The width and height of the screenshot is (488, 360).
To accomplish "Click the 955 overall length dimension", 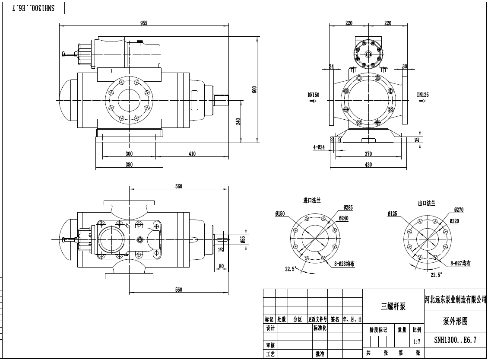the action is (144, 23).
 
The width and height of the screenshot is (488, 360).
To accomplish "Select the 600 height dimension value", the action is (254, 90).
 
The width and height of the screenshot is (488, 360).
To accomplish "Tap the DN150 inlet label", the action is (314, 95).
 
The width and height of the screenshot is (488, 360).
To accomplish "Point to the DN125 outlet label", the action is (423, 95).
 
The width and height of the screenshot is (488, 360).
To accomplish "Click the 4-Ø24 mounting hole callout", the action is (319, 147).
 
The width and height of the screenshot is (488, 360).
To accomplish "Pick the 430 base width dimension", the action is (368, 164).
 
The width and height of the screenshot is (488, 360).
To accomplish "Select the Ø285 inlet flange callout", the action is (348, 207).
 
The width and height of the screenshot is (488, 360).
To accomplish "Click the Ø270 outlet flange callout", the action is (459, 210).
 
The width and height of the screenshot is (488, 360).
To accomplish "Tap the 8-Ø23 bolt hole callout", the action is (344, 264).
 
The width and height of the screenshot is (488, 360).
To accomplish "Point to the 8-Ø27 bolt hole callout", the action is (461, 263).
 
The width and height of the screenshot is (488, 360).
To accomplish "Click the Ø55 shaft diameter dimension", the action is (243, 239).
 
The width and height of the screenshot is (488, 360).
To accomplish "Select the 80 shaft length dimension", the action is (221, 266).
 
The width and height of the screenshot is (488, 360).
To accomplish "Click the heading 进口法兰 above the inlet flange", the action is (312, 201).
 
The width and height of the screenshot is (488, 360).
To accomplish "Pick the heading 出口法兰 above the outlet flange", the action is (426, 204).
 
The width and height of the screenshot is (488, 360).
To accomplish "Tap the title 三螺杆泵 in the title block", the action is (393, 306).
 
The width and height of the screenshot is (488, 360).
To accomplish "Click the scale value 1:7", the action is (417, 341).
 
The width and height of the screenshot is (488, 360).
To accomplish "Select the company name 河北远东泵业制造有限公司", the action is (456, 299).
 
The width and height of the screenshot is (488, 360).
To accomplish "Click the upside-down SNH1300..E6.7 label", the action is (33, 8).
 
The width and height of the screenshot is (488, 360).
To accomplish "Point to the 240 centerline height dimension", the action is (238, 121).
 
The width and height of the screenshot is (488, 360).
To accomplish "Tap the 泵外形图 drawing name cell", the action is (455, 321).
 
